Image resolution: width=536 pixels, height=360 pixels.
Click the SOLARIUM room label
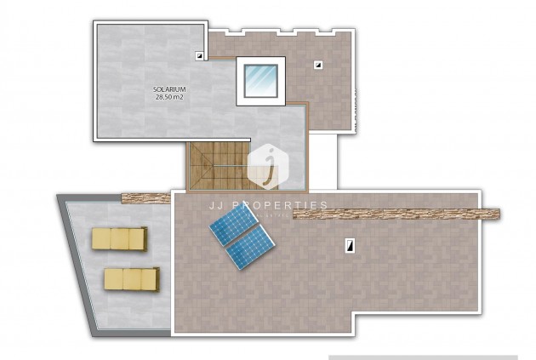[x=169, y=89]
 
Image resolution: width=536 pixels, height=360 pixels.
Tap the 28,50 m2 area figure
[x=169, y=97]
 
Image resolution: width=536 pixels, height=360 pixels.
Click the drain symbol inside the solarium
[x=199, y=56]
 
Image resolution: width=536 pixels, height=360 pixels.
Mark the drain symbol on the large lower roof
[x=349, y=245]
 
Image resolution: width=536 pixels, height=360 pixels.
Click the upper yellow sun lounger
[x=119, y=238]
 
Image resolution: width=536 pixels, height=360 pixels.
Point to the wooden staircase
[x=218, y=166]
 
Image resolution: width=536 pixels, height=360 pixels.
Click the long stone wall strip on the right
[x=396, y=214]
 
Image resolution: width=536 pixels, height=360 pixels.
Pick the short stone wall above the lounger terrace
[x=146, y=198]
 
